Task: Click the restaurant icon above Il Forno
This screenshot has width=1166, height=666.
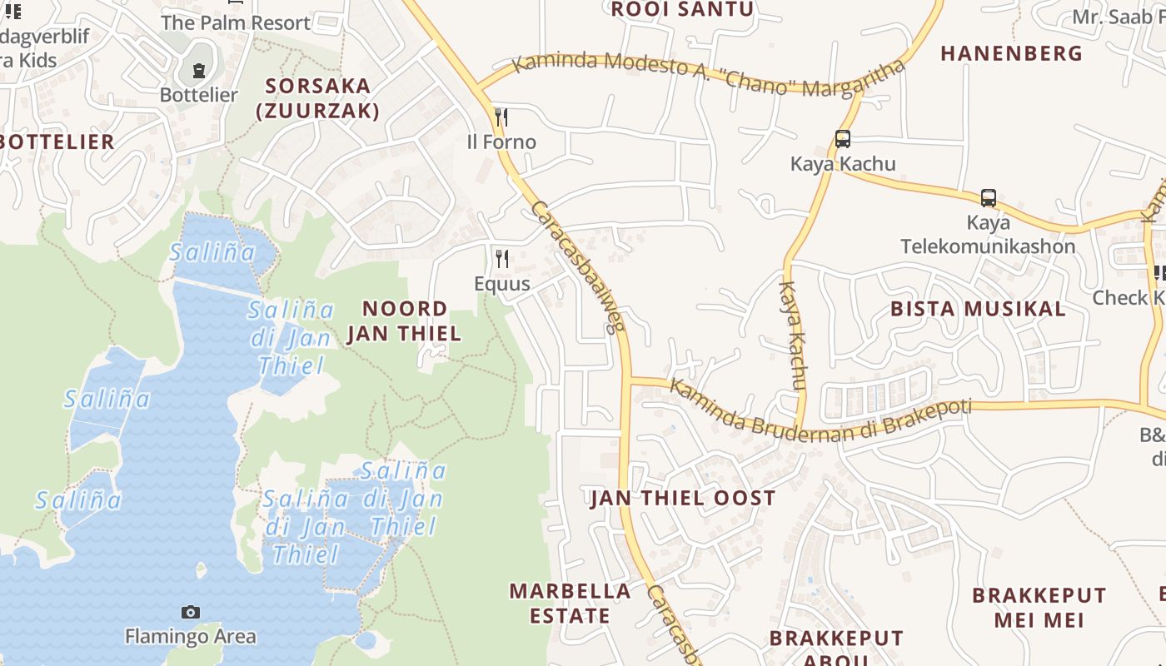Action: point(501,117)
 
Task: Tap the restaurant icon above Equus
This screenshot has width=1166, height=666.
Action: point(501,259)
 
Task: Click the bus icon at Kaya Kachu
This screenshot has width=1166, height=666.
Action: point(843,139)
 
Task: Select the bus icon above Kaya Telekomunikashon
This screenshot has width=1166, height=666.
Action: point(989,198)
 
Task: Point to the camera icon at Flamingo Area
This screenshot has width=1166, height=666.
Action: point(191,613)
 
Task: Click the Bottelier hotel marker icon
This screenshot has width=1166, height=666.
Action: point(199,71)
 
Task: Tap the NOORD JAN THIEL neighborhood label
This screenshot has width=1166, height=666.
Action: point(405,321)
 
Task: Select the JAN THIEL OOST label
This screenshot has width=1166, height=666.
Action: point(683,499)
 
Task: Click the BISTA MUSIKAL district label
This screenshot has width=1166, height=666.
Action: point(978,310)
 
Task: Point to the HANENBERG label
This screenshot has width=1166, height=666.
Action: point(1012,54)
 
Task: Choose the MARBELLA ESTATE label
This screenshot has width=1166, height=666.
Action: point(571,604)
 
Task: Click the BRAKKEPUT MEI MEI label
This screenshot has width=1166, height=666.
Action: point(1039,608)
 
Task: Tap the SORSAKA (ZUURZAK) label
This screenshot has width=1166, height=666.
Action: point(317,98)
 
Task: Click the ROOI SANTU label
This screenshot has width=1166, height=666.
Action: point(682,10)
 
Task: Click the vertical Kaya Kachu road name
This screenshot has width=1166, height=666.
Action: point(793,335)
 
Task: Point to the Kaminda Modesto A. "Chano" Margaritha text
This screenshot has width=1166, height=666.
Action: point(708,76)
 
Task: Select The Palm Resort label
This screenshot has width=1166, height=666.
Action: point(236,23)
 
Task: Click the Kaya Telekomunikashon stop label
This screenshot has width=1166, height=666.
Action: point(988,235)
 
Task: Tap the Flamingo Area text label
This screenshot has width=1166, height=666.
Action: point(191,637)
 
